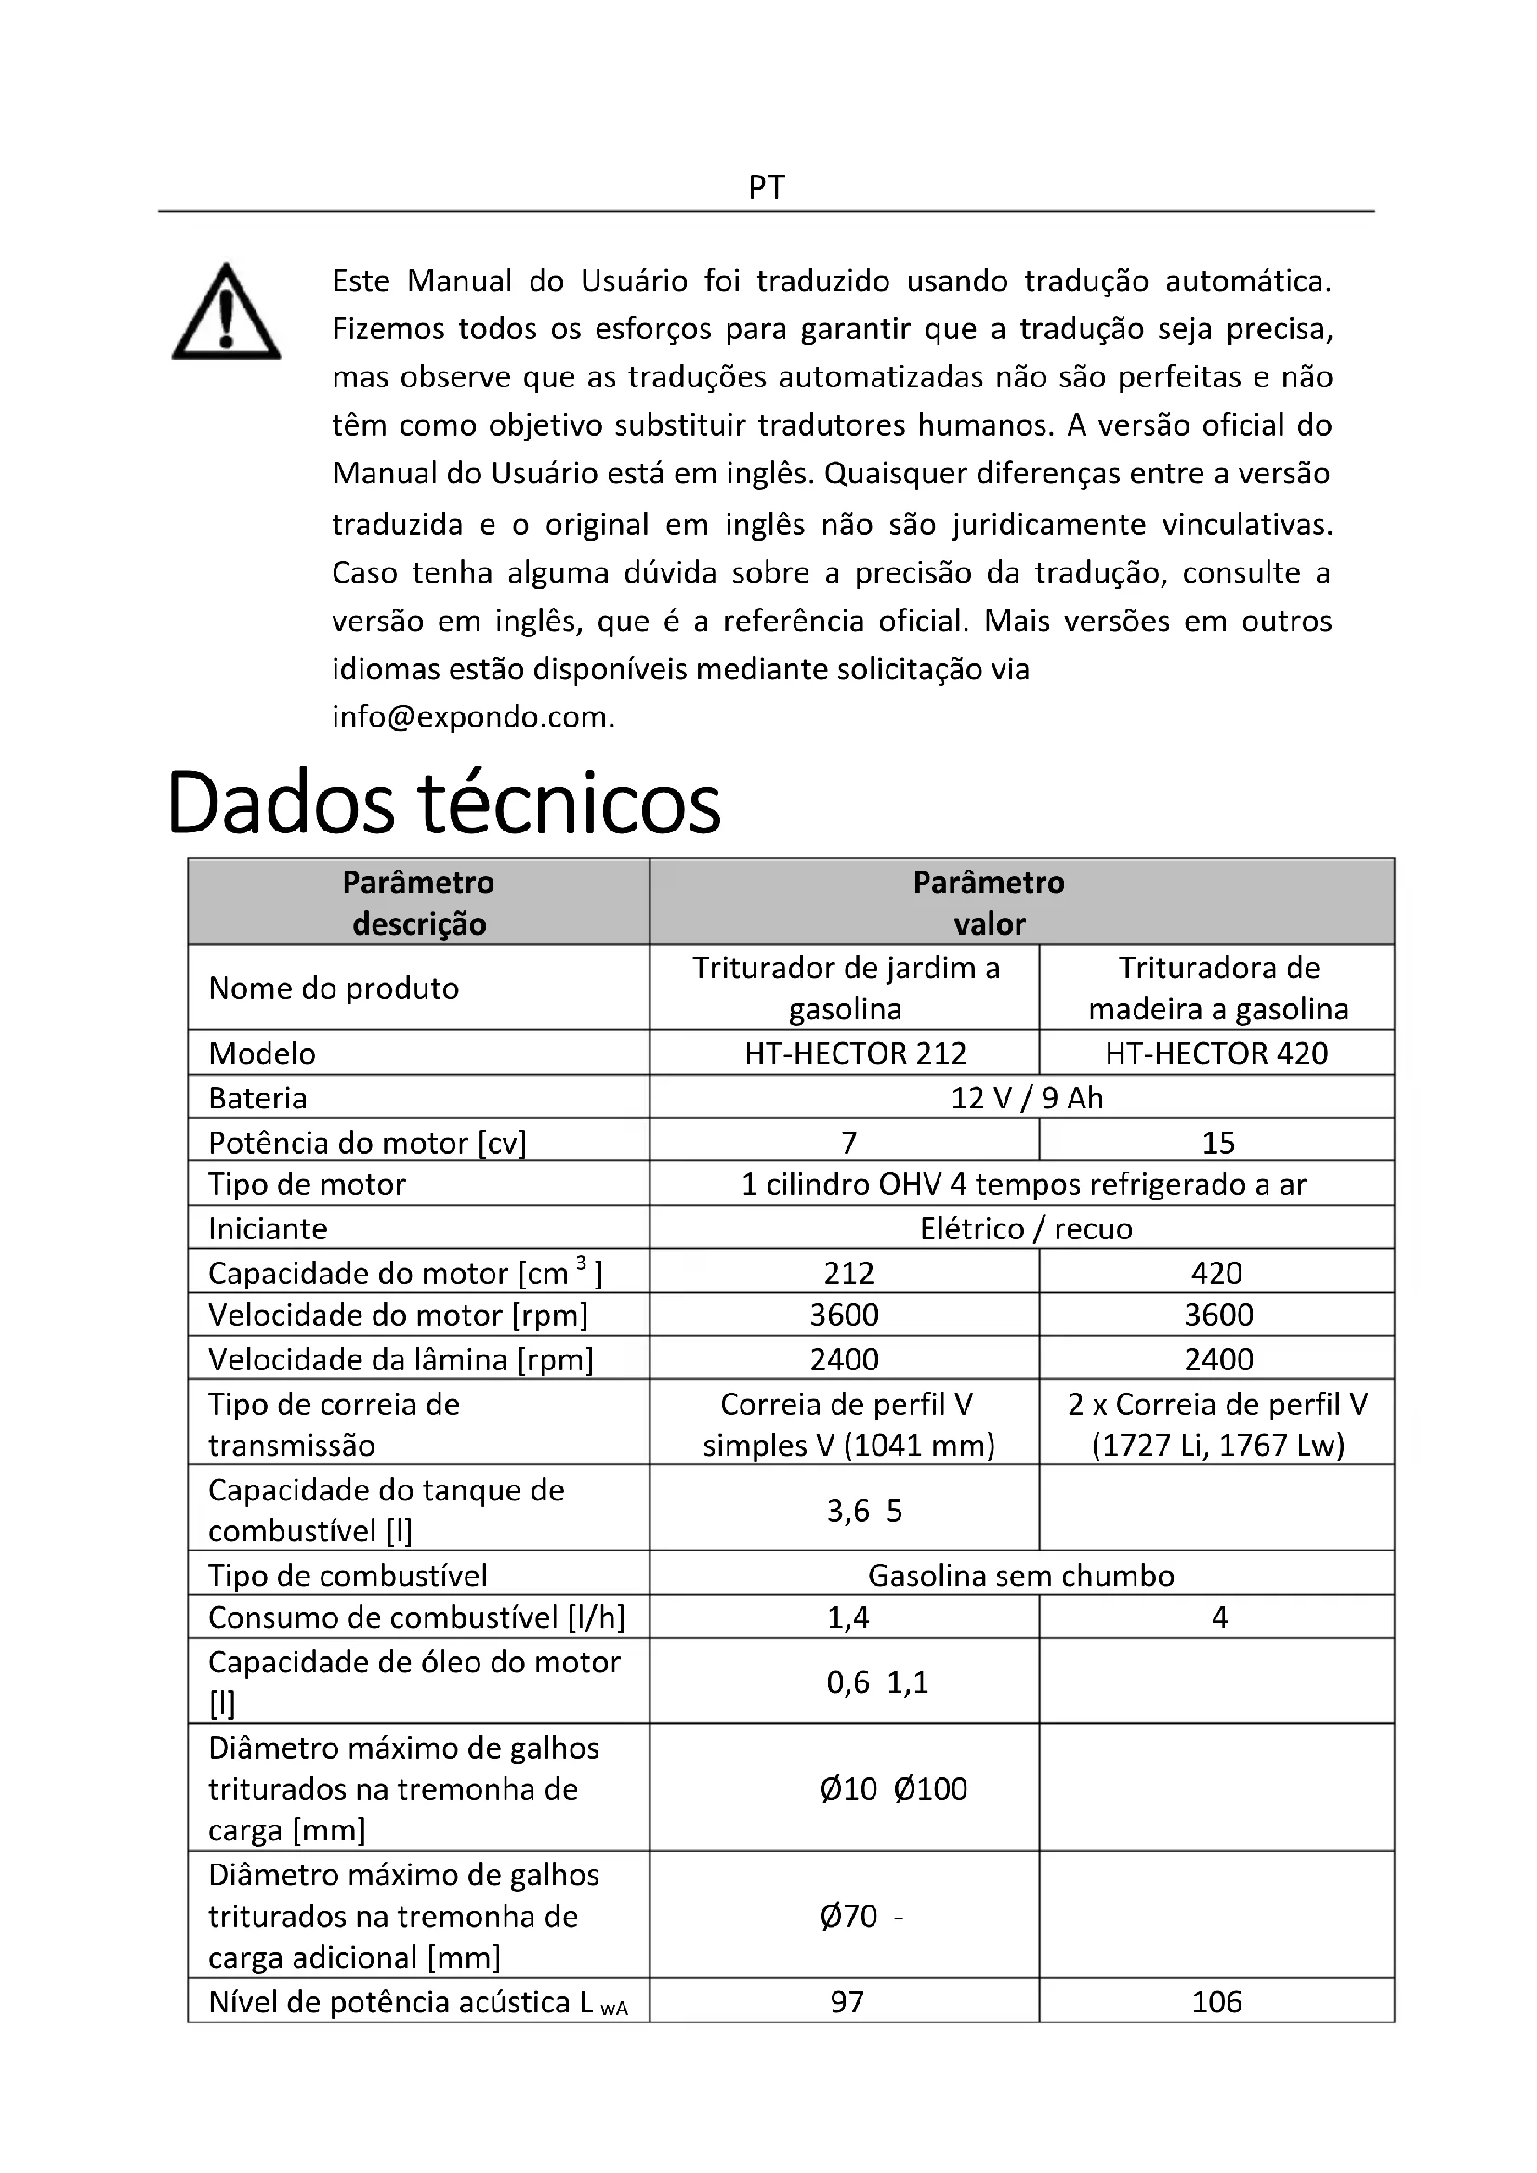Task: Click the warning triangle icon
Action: pyautogui.click(x=225, y=312)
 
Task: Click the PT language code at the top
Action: pyautogui.click(x=767, y=188)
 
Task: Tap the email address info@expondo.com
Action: pyautogui.click(x=473, y=717)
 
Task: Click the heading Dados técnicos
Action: pyautogui.click(x=443, y=803)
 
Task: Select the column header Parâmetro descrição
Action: pyautogui.click(x=418, y=902)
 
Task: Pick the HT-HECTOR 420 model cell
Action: pyautogui.click(x=1216, y=1053)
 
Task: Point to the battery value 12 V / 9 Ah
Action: pyautogui.click(x=1027, y=1097)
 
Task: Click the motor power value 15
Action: pyautogui.click(x=1218, y=1143)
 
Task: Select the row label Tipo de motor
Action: pyautogui.click(x=307, y=1184)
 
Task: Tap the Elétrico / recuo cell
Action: pyautogui.click(x=1026, y=1228)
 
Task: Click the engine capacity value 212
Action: pyautogui.click(x=848, y=1273)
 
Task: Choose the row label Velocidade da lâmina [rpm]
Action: pyautogui.click(x=401, y=1359)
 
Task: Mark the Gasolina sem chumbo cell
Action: pyautogui.click(x=1021, y=1575)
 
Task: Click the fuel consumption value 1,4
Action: pyautogui.click(x=848, y=1617)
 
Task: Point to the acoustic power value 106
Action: pyautogui.click(x=1216, y=2002)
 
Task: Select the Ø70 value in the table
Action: pyautogui.click(x=849, y=1916)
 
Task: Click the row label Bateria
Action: pyautogui.click(x=257, y=1098)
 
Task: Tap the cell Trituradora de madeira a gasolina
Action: pyautogui.click(x=1218, y=988)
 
